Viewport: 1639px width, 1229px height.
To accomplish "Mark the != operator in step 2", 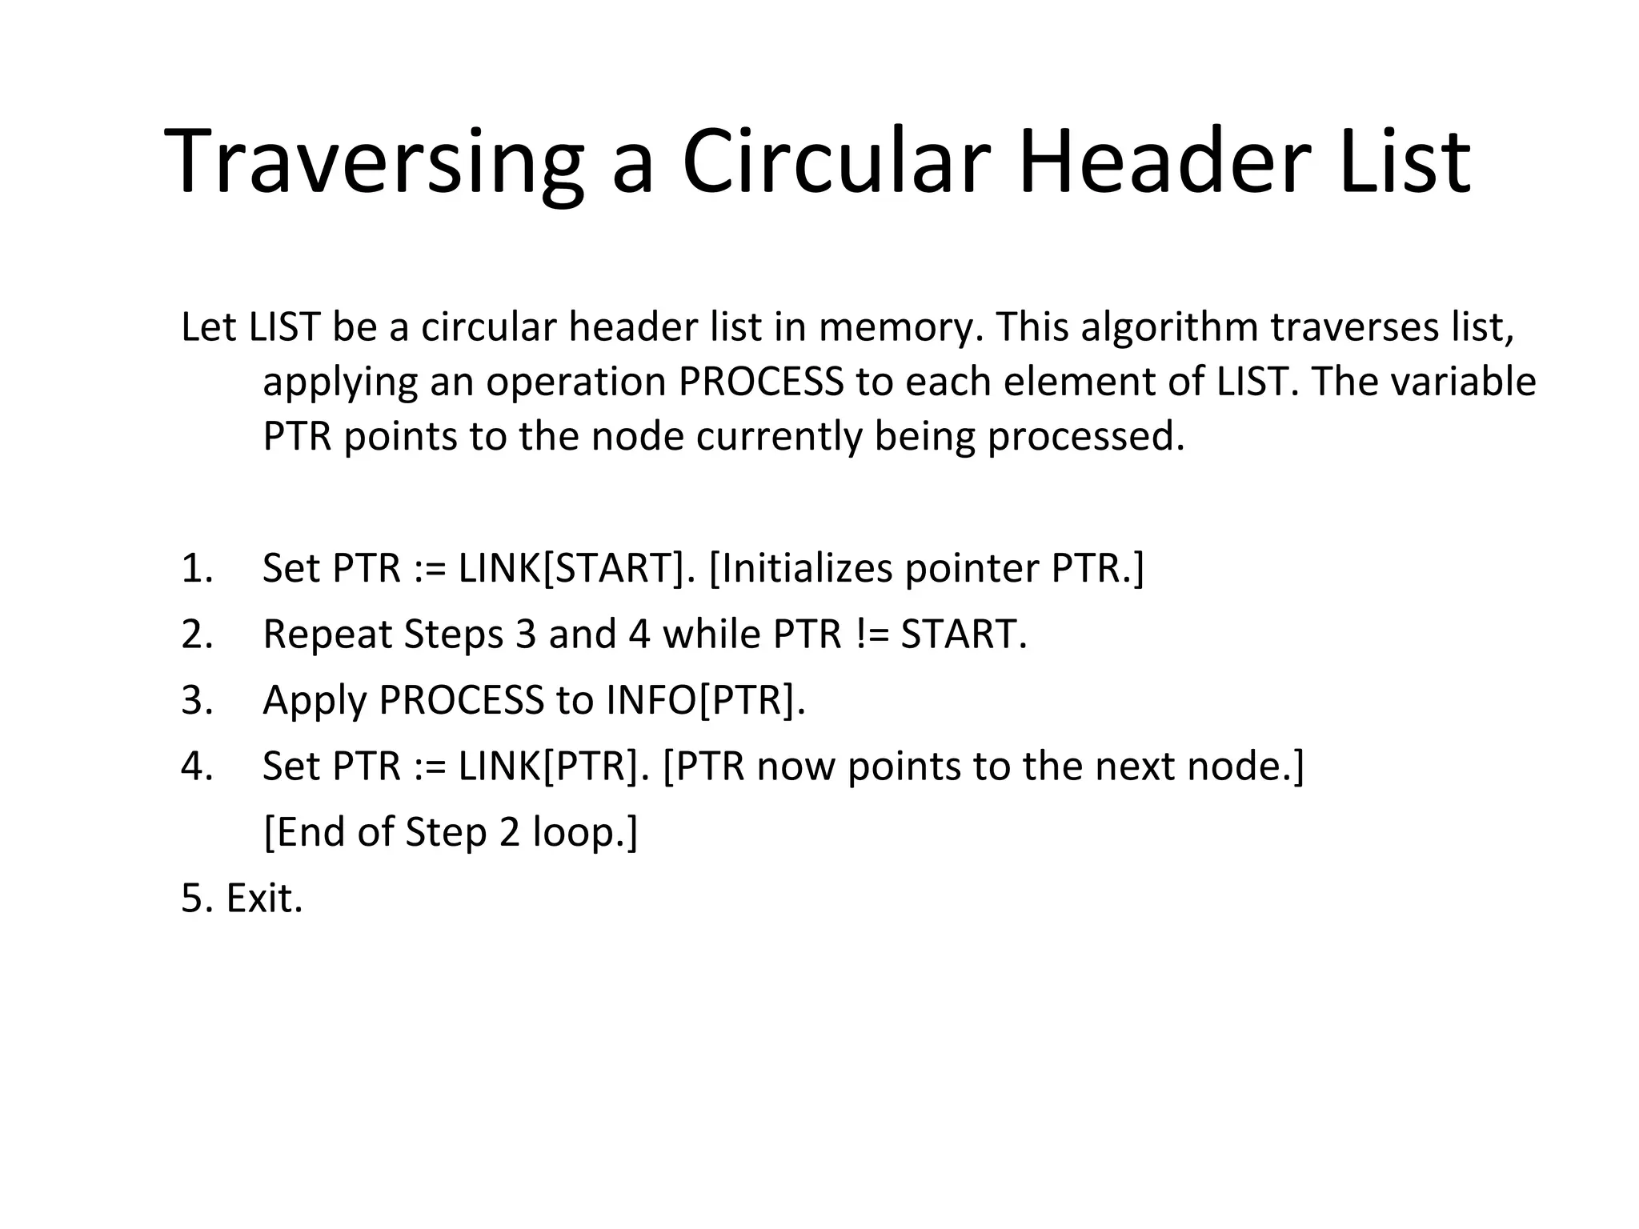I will coord(872,635).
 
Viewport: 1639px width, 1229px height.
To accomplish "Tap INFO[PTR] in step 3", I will coord(705,700).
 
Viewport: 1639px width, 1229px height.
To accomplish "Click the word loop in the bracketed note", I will coord(579,833).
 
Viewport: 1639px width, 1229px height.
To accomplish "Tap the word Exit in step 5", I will coord(264,899).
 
